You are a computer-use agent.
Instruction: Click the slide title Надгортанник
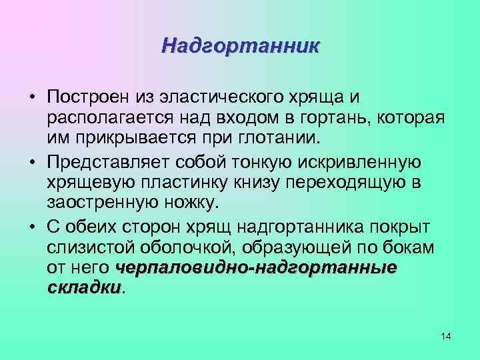241,46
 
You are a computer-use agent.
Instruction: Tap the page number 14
446,337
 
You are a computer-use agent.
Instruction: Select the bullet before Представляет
32,161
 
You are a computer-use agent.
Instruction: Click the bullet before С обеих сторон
32,225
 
